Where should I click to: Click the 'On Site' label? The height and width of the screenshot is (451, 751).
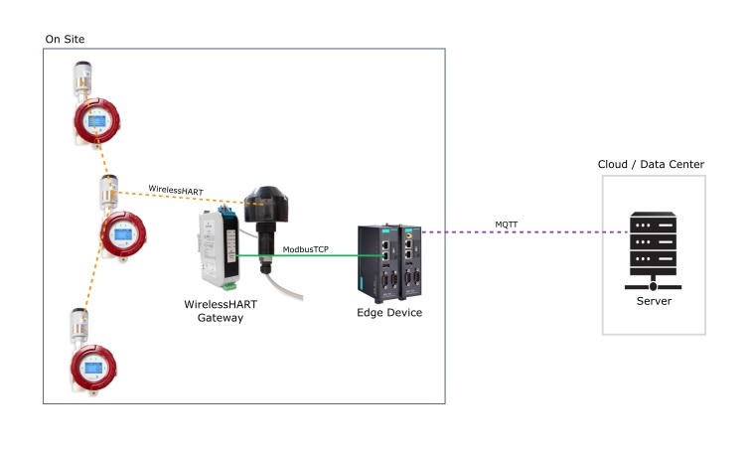coord(66,38)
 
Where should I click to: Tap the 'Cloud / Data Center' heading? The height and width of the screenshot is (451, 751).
coord(651,164)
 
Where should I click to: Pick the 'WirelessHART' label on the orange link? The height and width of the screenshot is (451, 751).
coord(175,188)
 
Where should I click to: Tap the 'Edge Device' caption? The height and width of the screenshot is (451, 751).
coord(388,312)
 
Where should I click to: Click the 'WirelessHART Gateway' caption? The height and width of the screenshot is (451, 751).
coord(215,309)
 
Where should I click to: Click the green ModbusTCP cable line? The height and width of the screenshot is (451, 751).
coord(298,257)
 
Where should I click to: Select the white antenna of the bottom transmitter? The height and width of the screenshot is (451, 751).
coord(79,325)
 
